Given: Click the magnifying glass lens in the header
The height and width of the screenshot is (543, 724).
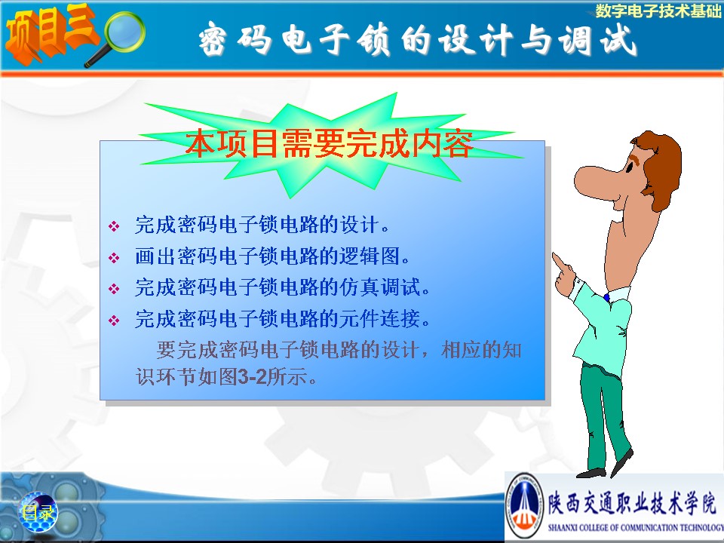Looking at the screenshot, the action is [x=124, y=31].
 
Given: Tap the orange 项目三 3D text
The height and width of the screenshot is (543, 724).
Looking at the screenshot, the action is [x=51, y=33].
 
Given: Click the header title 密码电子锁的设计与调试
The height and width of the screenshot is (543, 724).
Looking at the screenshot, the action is [x=418, y=39].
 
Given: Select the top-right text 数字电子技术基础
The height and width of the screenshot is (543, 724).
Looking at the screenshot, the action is [x=658, y=11].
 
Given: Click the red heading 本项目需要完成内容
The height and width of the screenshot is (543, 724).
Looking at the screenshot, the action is [x=330, y=143].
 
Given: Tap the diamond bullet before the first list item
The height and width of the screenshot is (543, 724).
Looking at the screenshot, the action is [x=114, y=226].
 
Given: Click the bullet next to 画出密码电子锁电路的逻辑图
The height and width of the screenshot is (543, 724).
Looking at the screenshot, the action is [x=114, y=257].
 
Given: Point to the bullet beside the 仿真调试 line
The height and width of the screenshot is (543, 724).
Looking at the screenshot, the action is [x=114, y=289].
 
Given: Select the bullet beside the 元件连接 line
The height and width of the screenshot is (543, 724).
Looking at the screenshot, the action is [x=114, y=320].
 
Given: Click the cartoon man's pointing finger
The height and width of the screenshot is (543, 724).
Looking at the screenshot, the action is [x=559, y=262].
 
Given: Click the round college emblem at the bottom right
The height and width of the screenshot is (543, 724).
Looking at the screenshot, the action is [x=524, y=506].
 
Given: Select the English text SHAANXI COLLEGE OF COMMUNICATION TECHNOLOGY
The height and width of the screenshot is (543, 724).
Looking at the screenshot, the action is [x=635, y=528].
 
